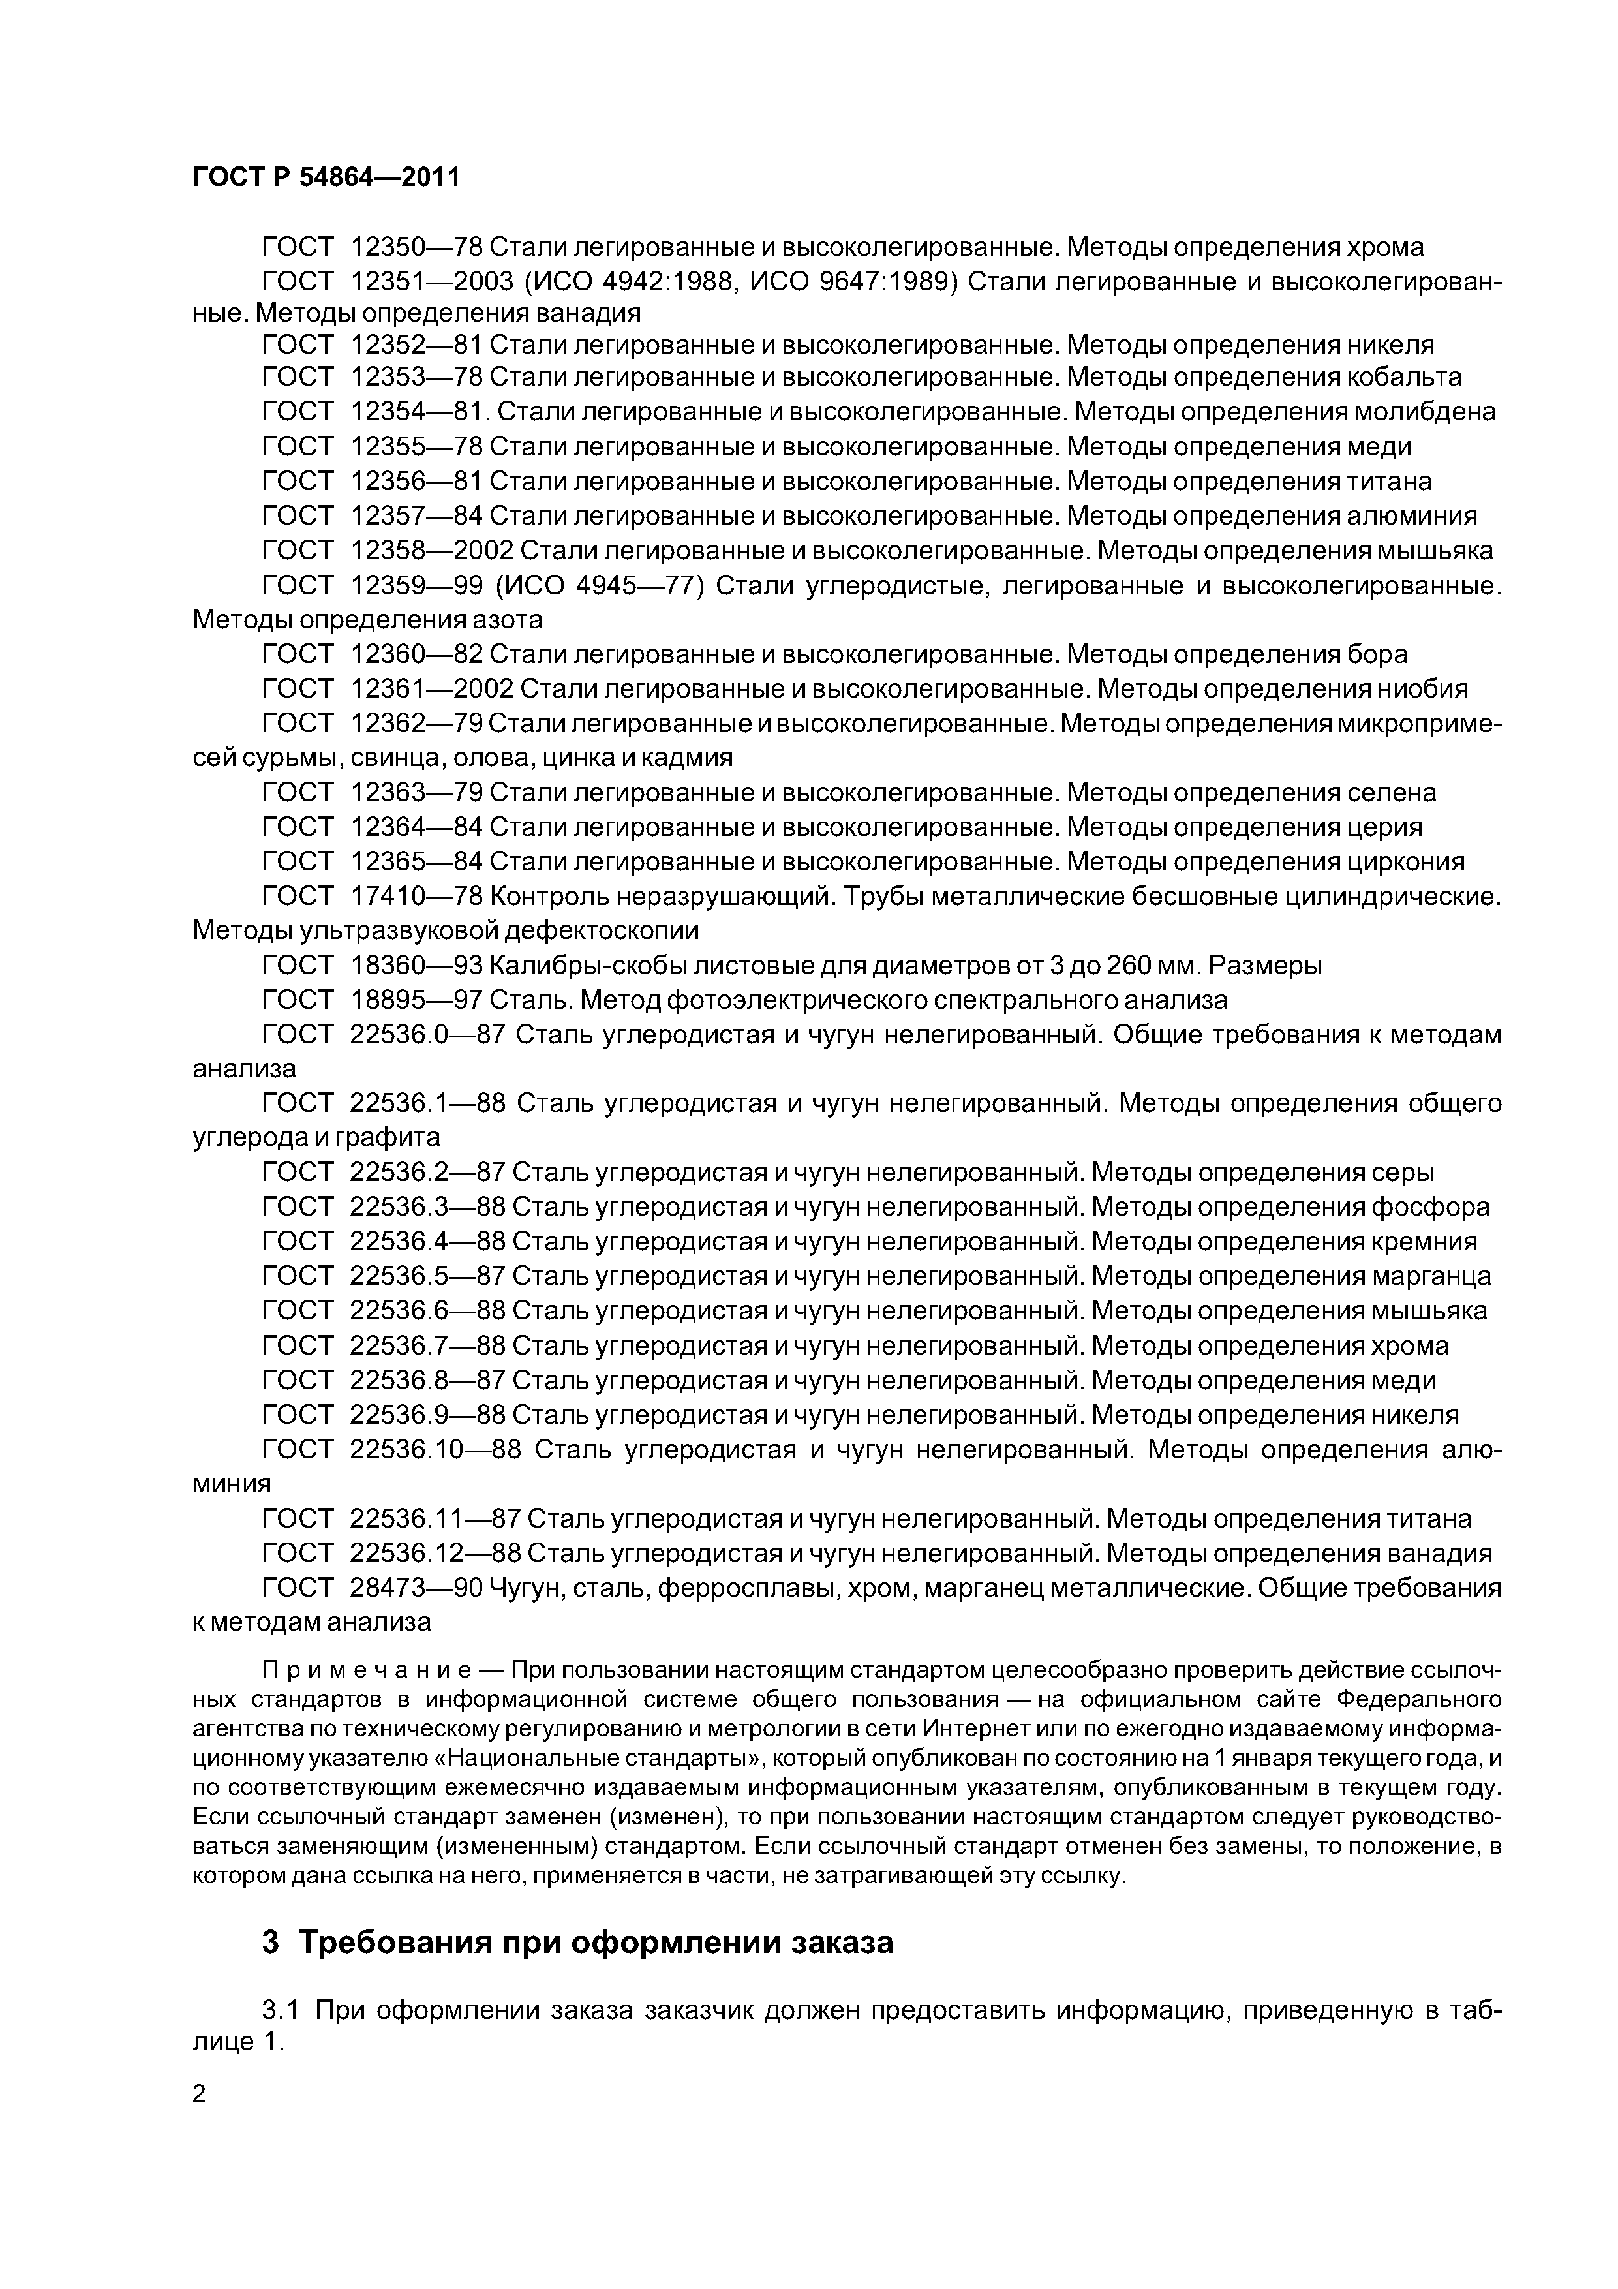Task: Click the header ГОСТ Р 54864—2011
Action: pos(326,177)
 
